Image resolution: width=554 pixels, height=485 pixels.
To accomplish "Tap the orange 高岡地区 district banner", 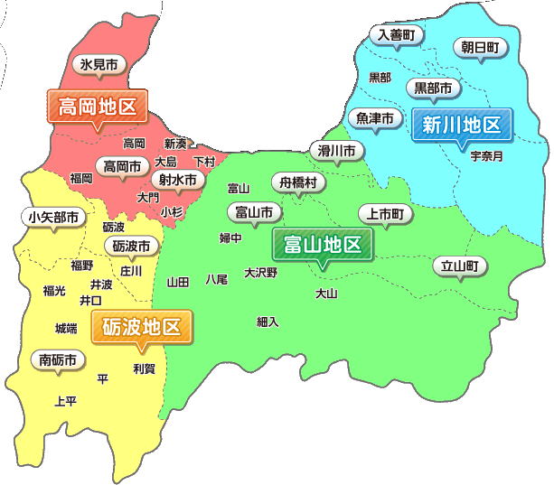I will (97, 107).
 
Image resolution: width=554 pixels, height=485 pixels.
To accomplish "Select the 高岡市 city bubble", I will (122, 167).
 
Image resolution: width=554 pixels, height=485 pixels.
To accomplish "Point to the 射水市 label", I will (177, 180).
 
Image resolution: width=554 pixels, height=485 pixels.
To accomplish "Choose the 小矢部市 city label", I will (52, 217).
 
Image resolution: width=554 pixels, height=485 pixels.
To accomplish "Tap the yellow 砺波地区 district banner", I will (142, 326).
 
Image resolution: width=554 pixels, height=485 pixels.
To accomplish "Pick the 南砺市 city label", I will (58, 359).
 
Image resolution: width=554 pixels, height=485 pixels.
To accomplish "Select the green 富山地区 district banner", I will (322, 244).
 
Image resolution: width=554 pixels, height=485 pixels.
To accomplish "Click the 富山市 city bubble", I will (253, 213).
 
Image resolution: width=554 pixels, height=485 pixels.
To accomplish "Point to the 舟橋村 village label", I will (298, 182).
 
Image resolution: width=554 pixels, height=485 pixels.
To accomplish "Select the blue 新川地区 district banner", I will (462, 125).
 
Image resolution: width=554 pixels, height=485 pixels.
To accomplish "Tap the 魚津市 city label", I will (374, 118).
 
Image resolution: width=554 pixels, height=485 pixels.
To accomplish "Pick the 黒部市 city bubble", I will (433, 89).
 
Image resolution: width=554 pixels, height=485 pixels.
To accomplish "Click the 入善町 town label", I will (396, 34).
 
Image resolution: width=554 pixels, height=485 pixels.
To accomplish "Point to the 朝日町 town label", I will (479, 47).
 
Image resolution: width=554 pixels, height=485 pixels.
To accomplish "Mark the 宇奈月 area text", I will (486, 155).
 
